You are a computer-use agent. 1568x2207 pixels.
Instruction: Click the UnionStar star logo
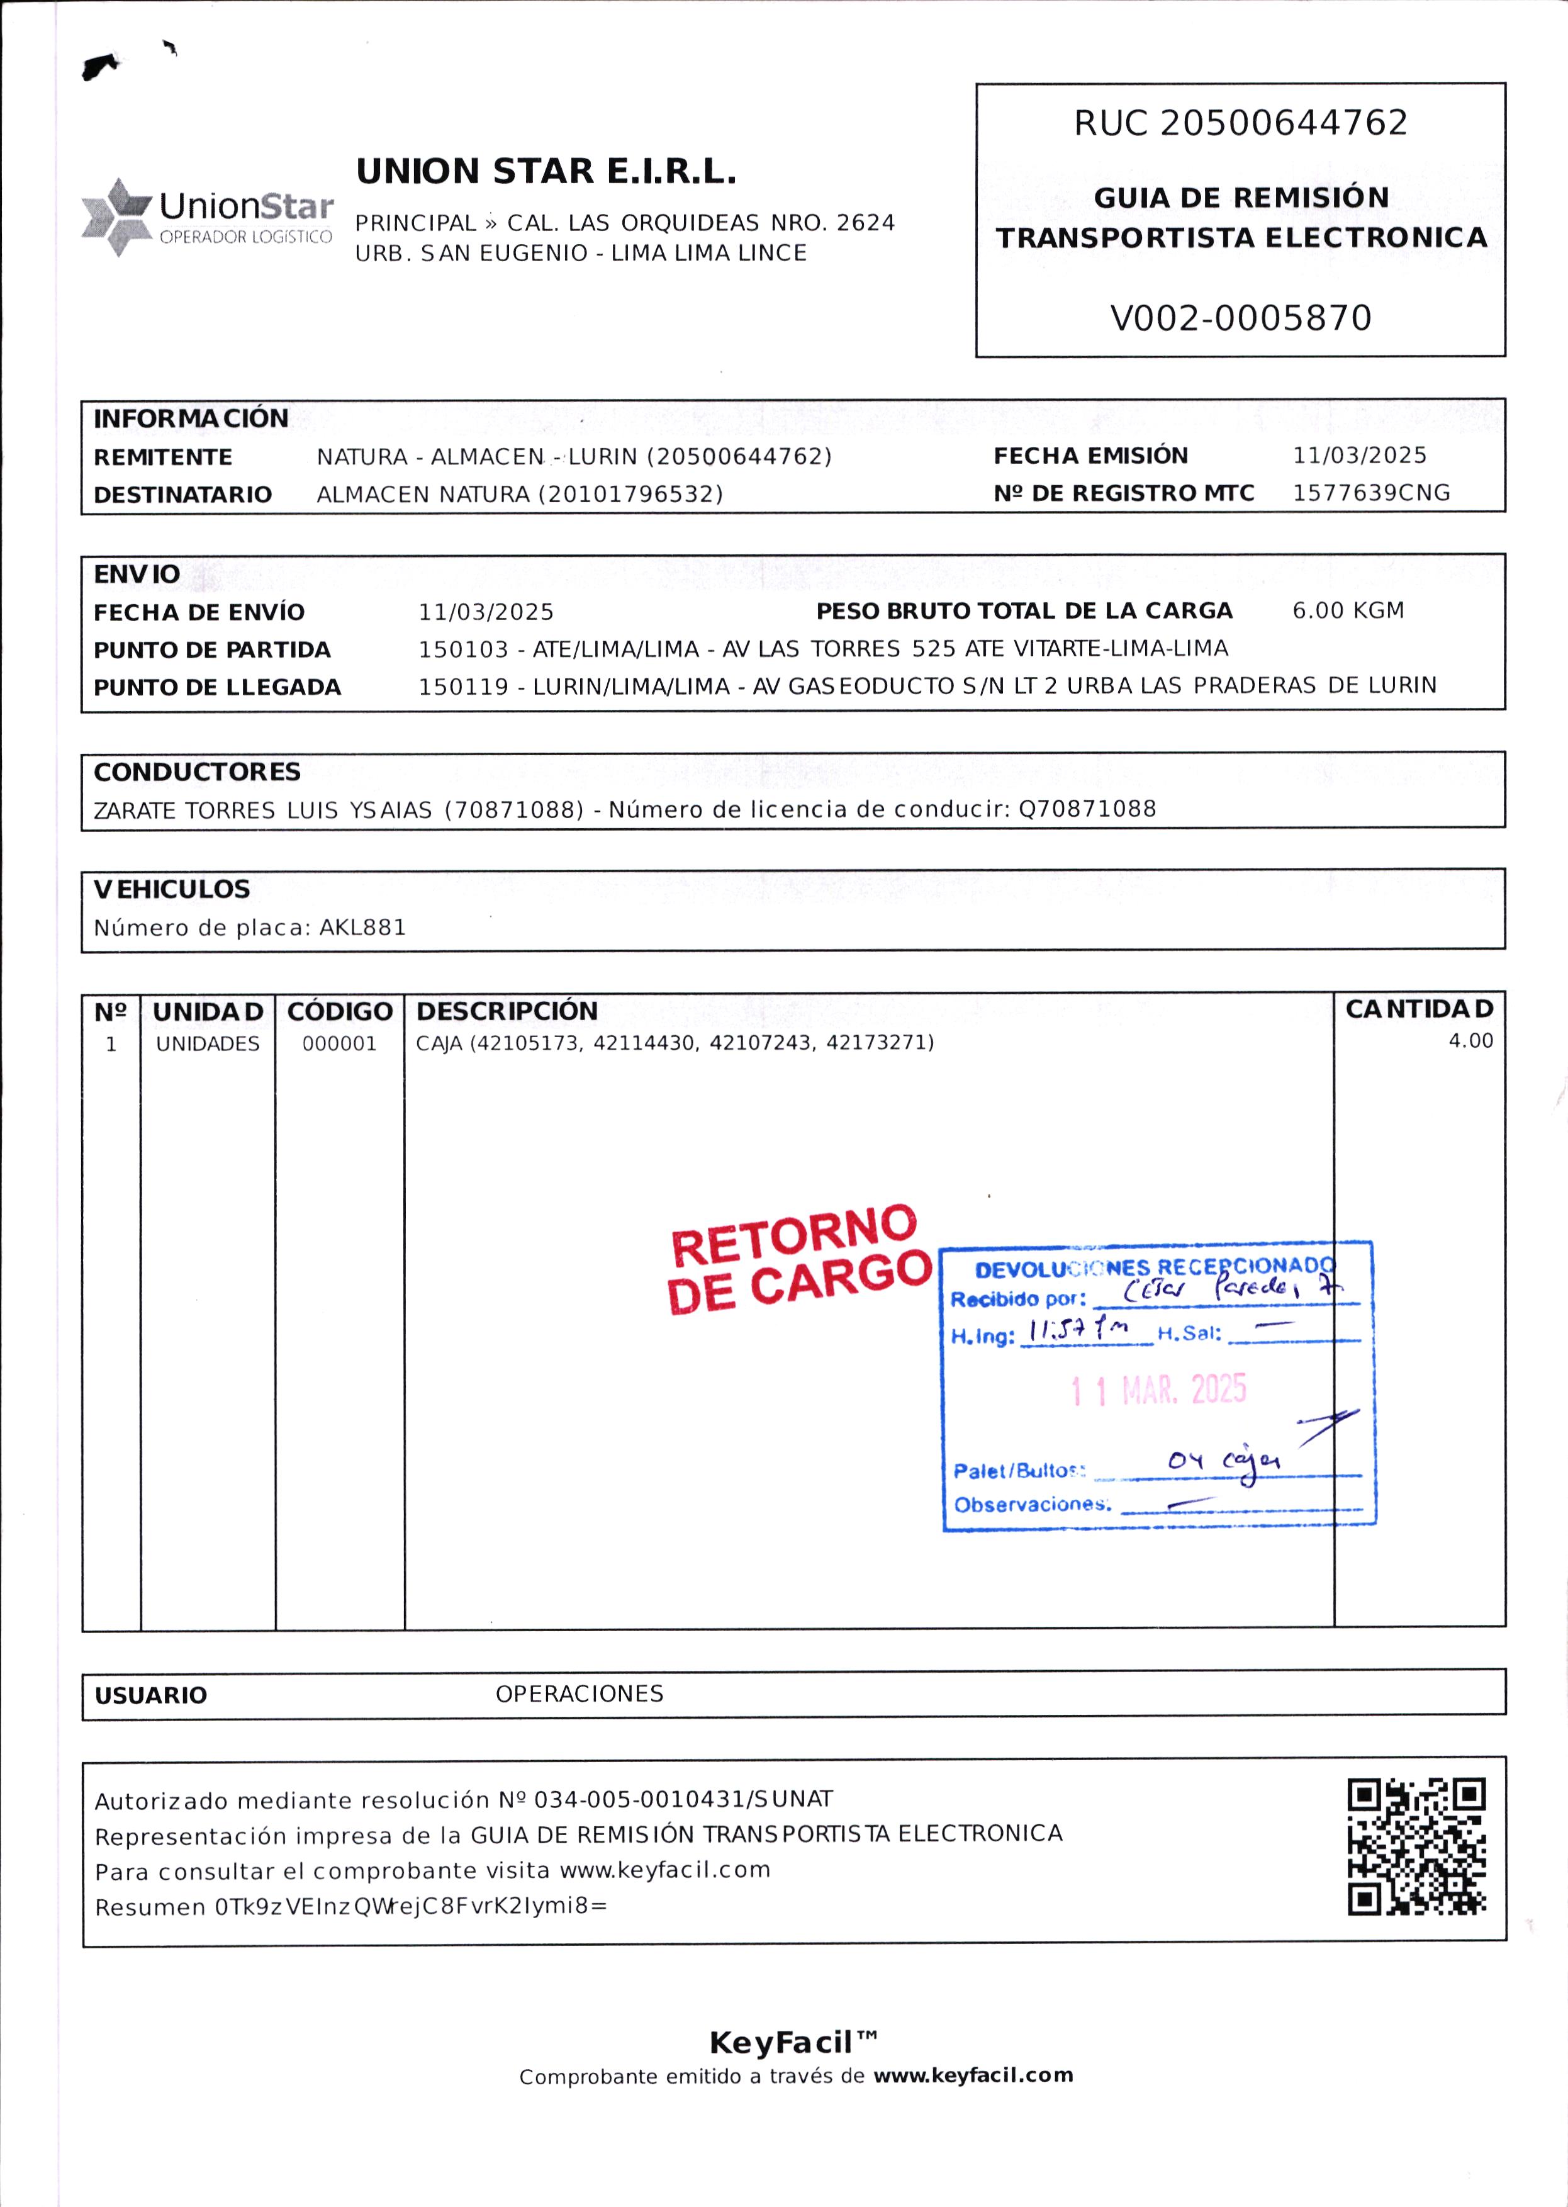point(116,216)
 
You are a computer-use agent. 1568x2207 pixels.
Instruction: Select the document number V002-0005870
point(1241,318)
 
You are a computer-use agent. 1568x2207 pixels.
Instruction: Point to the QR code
point(1416,1847)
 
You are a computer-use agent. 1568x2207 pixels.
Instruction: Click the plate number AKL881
point(363,928)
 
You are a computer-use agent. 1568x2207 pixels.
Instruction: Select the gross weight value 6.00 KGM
point(1348,610)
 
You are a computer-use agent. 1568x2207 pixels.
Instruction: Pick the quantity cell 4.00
point(1469,1041)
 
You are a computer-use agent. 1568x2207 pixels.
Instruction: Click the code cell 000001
point(339,1043)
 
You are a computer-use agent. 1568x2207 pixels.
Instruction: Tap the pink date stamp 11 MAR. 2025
point(1158,1390)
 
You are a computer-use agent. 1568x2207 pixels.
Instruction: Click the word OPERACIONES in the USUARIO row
point(580,1693)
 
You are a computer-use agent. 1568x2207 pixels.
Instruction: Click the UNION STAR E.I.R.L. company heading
point(546,172)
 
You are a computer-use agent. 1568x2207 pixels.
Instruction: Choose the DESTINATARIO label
point(182,494)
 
